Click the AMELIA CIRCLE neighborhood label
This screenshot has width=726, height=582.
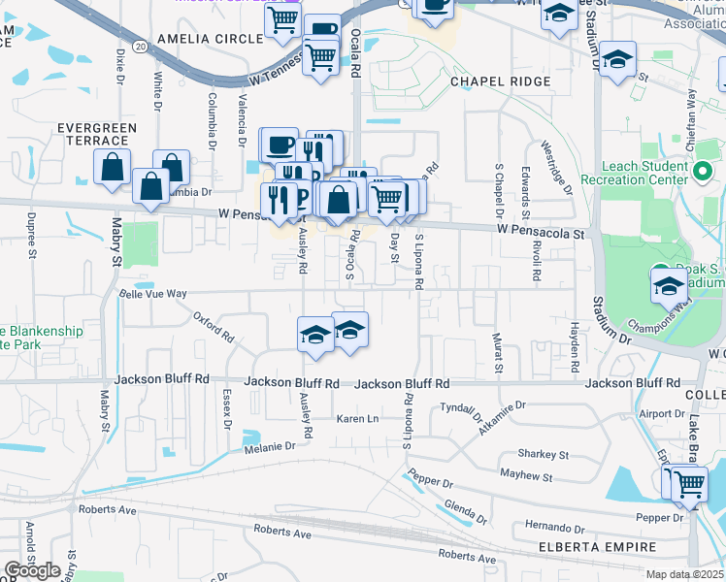pos(209,39)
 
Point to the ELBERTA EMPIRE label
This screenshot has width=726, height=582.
pos(598,548)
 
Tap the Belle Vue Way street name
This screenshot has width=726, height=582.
pos(152,293)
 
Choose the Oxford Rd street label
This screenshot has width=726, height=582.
pos(214,326)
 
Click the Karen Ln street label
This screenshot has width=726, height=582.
pos(356,419)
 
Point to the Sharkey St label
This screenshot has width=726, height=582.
pos(543,453)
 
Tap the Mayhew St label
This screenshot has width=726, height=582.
pos(526,476)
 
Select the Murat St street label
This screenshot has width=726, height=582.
pos(499,355)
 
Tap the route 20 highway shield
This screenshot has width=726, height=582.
pos(142,46)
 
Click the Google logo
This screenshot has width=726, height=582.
pos(34,570)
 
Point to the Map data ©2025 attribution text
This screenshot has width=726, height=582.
pos(684,574)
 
